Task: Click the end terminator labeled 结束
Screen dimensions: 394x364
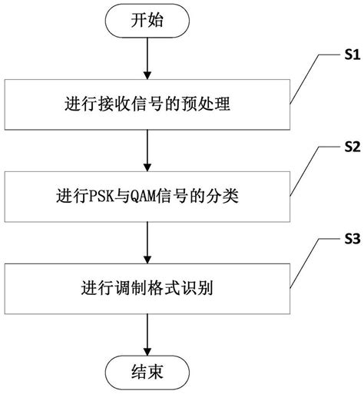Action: [146, 374]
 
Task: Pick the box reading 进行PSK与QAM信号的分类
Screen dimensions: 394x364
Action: [146, 197]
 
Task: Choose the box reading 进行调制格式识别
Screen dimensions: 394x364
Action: [146, 290]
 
